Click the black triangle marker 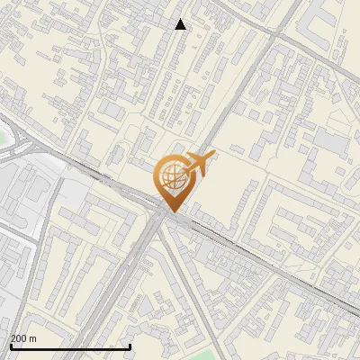pos(181,24)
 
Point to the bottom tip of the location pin pos(171,210)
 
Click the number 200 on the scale pos(19,338)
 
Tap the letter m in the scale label pos(33,338)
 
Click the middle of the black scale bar pos(70,346)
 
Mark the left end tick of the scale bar pos(11,346)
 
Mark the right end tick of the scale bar pos(130,346)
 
